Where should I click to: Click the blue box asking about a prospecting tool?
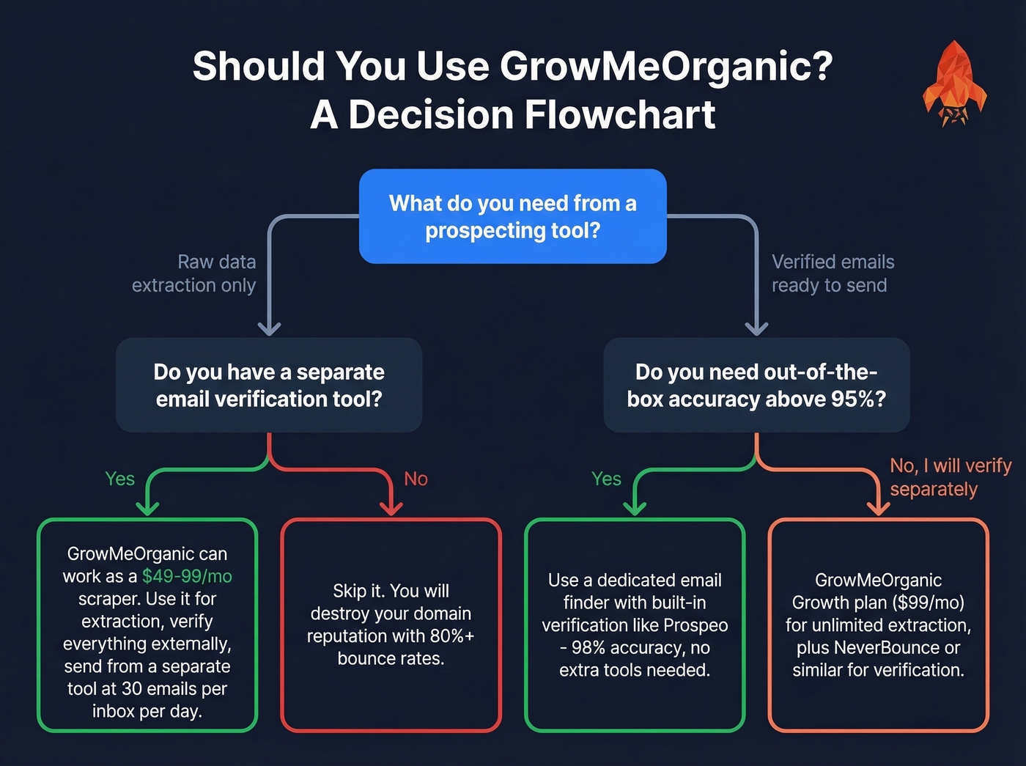512,216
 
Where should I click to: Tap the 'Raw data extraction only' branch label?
194,273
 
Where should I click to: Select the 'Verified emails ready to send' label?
833,273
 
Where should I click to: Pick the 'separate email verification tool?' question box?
269,385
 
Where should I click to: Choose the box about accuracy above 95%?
756,385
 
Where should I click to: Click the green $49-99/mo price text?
187,576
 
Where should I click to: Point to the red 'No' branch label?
416,479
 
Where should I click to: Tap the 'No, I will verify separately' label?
950,477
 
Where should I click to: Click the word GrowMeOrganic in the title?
665,66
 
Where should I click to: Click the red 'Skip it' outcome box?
391,625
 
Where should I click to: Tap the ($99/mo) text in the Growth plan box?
929,603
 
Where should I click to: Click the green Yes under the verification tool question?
119,479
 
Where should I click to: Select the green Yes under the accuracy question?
606,479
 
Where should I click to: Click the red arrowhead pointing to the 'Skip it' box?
391,508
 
